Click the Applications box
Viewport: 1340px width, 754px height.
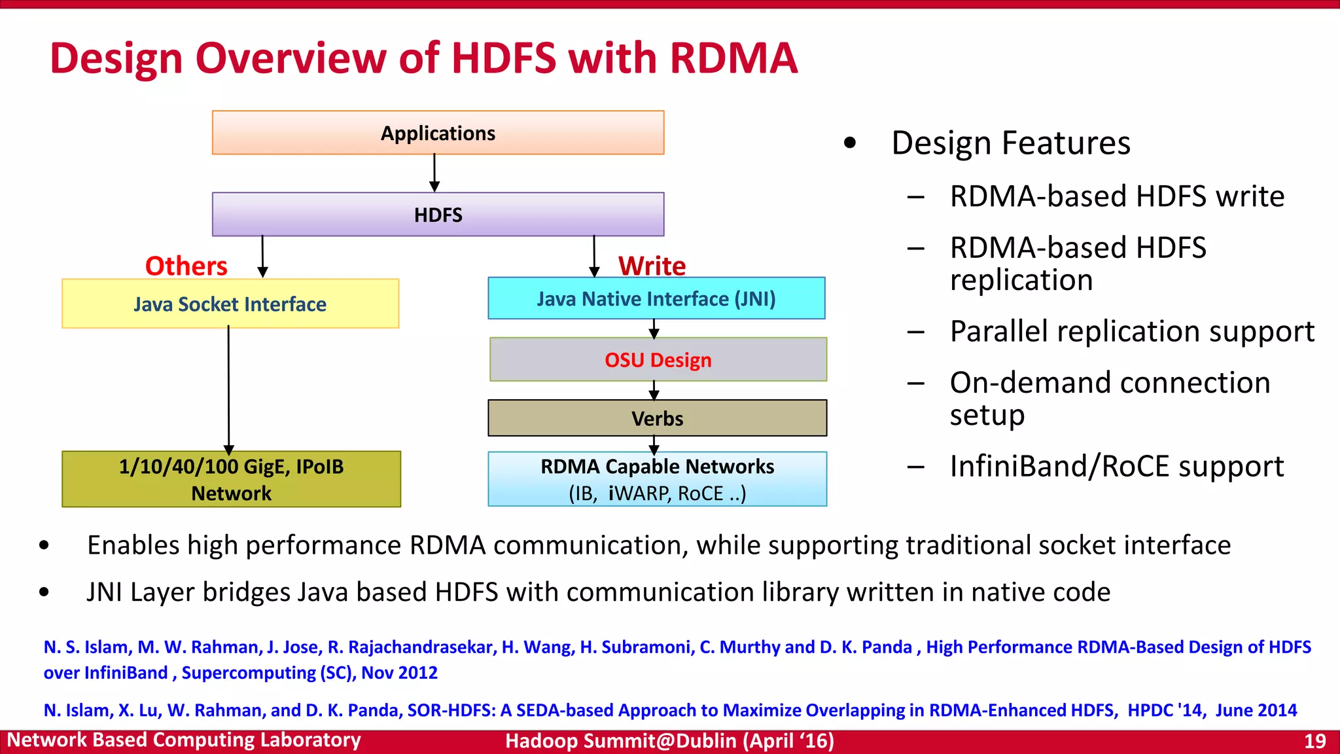point(438,133)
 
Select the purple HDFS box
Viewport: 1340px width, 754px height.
point(438,215)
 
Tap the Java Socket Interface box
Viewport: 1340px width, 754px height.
point(230,304)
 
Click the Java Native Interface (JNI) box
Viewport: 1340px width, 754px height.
point(656,299)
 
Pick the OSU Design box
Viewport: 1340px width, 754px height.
point(658,360)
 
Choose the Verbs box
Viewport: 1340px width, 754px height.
point(657,418)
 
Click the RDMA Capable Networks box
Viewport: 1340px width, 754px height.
point(657,479)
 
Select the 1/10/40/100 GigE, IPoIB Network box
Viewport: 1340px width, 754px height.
point(231,479)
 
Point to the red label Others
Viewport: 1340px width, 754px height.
point(186,266)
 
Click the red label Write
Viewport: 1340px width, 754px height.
point(652,266)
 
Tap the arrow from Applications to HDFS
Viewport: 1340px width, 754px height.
point(434,173)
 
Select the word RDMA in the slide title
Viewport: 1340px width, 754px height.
point(733,58)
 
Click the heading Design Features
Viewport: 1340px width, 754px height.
point(1010,143)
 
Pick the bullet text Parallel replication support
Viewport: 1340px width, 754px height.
point(1131,331)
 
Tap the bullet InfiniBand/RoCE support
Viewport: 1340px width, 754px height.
point(1116,467)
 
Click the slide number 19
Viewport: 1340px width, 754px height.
point(1314,741)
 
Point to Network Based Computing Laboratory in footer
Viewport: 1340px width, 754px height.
point(184,740)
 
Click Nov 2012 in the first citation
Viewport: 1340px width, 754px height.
point(399,673)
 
